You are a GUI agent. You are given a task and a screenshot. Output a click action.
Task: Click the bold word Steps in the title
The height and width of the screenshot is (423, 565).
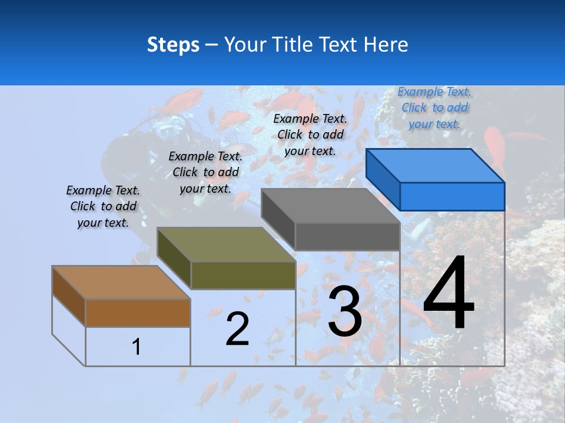[173, 45]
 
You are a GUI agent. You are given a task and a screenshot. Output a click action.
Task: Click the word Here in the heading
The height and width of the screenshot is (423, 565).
[386, 45]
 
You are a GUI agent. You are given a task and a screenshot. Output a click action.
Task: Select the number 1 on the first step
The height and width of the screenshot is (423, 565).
[136, 347]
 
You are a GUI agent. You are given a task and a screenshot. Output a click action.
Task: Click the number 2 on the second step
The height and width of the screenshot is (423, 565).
[237, 329]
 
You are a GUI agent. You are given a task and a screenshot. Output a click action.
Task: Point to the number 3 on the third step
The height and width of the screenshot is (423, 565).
[345, 311]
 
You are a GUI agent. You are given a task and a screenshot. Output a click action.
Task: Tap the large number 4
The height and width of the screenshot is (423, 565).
[448, 294]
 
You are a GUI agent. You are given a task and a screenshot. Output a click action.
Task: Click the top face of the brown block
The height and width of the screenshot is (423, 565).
[121, 283]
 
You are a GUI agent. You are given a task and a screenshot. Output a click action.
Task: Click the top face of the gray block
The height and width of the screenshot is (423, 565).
[330, 206]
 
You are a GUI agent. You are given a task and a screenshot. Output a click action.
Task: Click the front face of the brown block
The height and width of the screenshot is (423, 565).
[138, 313]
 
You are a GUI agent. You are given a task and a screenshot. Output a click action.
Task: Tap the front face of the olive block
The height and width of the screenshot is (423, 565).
[243, 275]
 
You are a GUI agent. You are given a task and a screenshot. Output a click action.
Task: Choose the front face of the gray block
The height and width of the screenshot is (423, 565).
[347, 236]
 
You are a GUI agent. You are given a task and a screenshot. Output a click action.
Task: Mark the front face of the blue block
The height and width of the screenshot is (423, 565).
[452, 196]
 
